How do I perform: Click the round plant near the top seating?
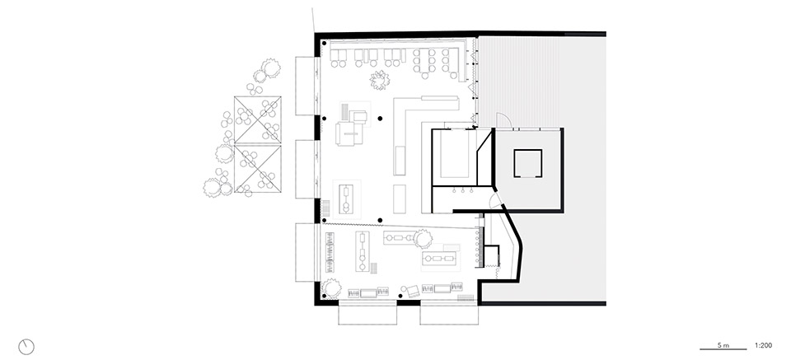[380, 80]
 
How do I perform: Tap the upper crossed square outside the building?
[259, 119]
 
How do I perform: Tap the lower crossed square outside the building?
[259, 169]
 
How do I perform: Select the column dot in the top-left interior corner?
[324, 43]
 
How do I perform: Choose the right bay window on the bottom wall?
[448, 314]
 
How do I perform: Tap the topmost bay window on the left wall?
[306, 84]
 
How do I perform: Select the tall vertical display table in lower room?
[363, 250]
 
